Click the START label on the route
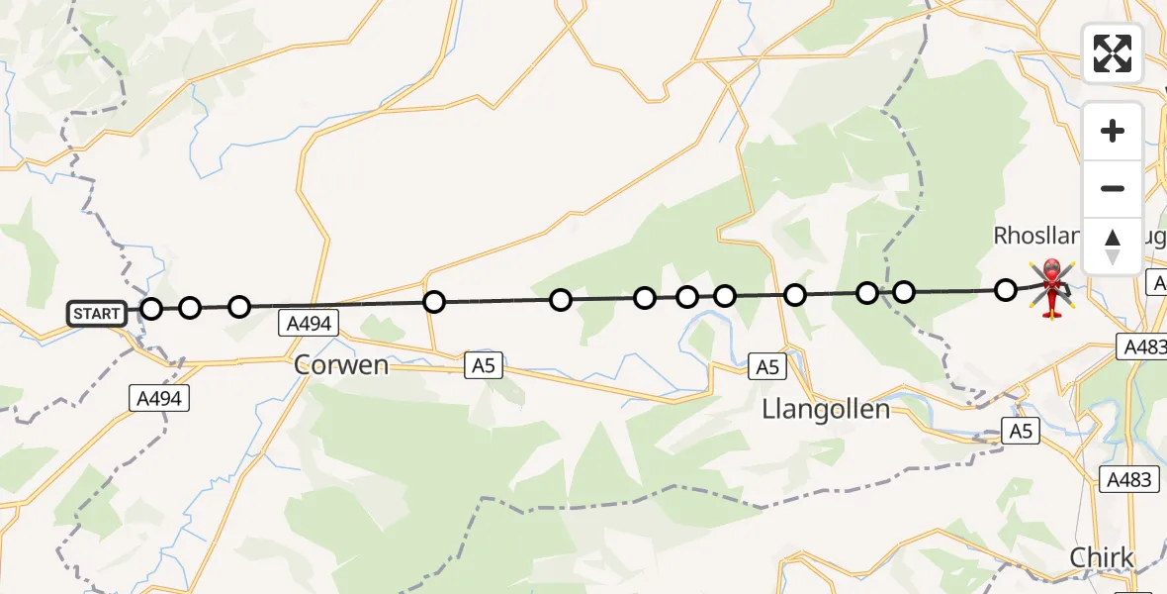click(x=97, y=314)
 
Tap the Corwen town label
click(x=341, y=364)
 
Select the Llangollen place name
click(x=826, y=408)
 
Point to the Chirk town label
click(x=1102, y=557)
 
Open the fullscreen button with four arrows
click(x=1112, y=53)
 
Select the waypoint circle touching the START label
click(x=151, y=309)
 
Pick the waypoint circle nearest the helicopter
click(x=1006, y=290)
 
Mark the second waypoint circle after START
click(x=239, y=307)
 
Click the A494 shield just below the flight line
click(x=309, y=323)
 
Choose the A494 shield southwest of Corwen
click(x=158, y=398)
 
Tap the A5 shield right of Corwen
click(x=483, y=366)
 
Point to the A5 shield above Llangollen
click(x=767, y=367)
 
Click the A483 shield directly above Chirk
click(x=1128, y=479)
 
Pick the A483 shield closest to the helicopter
click(x=1142, y=346)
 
